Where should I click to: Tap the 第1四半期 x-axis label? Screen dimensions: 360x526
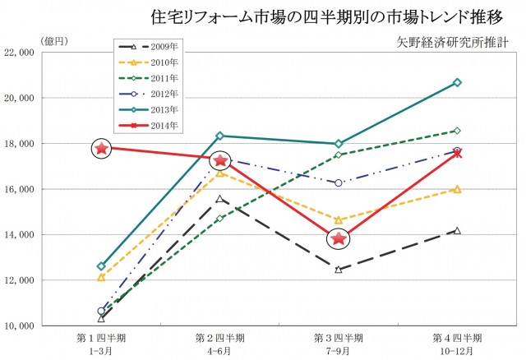tap(101, 338)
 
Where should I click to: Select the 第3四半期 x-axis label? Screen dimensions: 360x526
tap(338, 338)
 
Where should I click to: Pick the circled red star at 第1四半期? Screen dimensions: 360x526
tap(101, 148)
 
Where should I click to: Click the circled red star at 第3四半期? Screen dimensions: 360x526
tap(338, 239)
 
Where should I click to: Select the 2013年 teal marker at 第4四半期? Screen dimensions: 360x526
tap(457, 82)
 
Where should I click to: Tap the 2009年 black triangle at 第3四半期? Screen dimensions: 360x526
tap(338, 269)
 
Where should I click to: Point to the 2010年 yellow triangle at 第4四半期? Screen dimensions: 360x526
tap(457, 189)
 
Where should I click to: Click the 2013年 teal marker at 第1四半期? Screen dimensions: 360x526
tap(101, 266)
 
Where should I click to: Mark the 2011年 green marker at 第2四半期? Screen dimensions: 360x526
tap(219, 218)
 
